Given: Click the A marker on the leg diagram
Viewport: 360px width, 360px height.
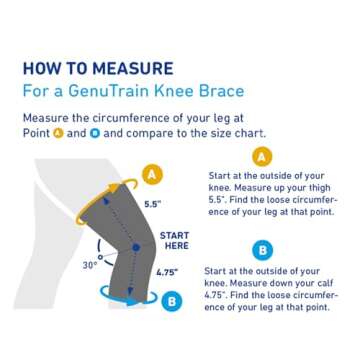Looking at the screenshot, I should [153, 174].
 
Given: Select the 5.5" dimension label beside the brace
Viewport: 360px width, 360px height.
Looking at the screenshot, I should [153, 204].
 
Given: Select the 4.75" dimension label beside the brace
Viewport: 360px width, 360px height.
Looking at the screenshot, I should [167, 271].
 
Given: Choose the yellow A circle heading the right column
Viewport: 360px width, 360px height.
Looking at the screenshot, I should [262, 156].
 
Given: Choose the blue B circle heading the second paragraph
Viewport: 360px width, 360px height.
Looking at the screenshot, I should [262, 248].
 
